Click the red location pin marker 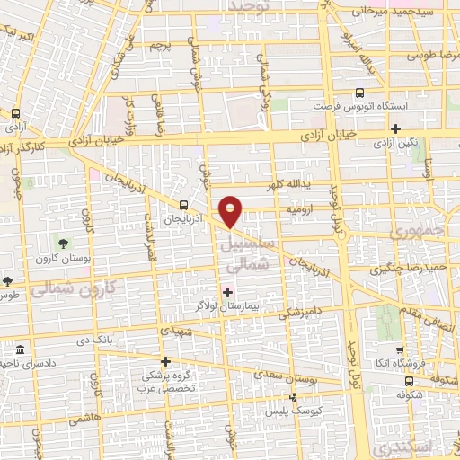[232, 211]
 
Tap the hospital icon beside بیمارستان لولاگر [227, 291]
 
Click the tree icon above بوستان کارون [63, 243]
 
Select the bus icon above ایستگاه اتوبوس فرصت [360, 93]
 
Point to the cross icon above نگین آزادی [394, 128]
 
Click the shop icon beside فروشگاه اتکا [400, 350]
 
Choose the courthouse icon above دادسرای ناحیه [20, 347]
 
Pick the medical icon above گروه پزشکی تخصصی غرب [164, 361]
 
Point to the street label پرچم [159, 44]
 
